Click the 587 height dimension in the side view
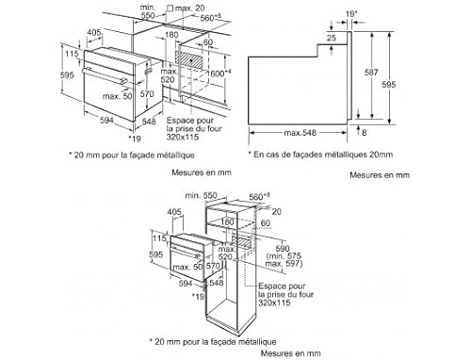372,71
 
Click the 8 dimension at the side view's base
377,133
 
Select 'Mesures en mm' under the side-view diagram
380,174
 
